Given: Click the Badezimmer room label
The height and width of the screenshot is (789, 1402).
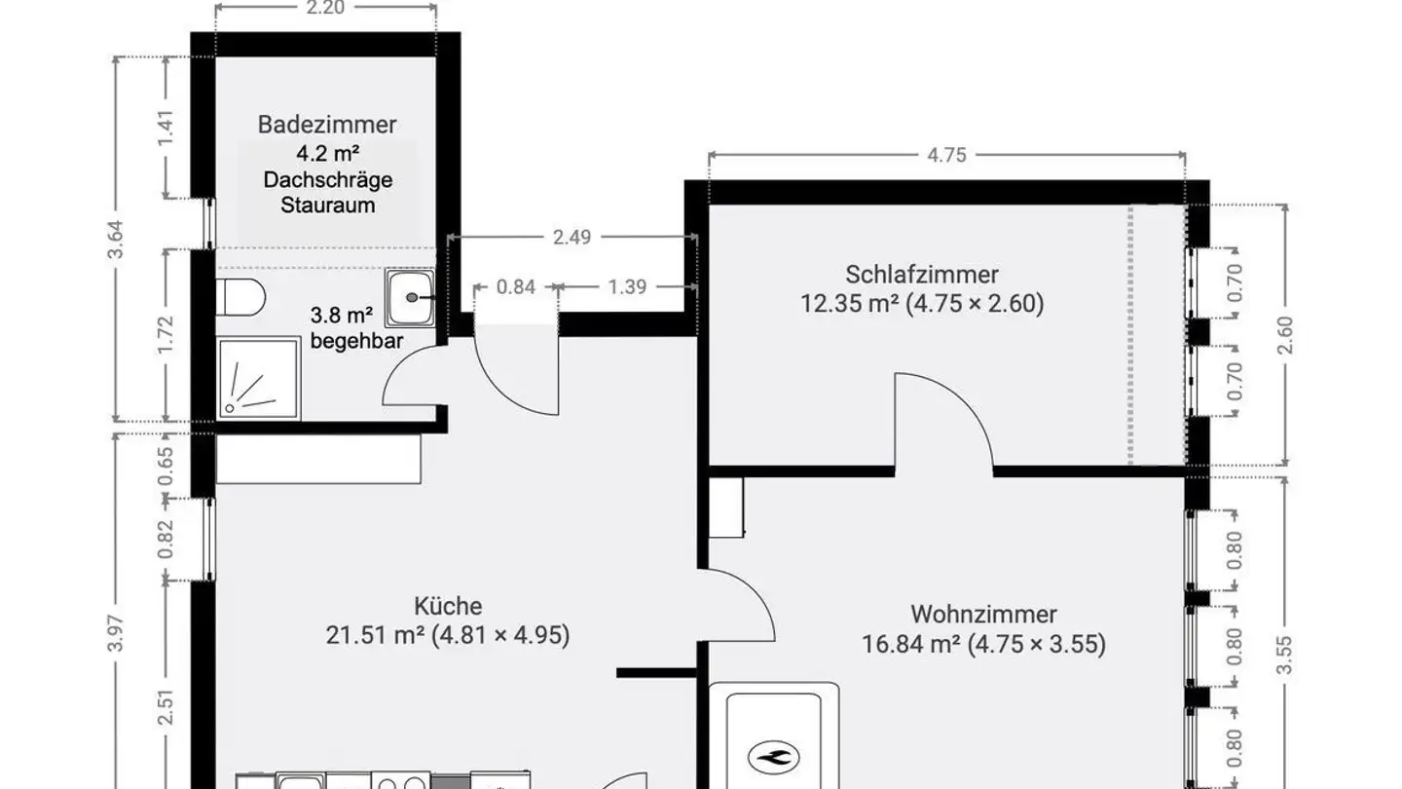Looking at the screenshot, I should click(x=327, y=125).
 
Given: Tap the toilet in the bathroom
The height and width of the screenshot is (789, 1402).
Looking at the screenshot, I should click(x=240, y=297).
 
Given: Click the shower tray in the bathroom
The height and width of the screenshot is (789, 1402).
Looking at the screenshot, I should click(x=258, y=379).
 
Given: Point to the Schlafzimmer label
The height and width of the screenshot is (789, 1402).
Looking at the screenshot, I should click(x=921, y=275).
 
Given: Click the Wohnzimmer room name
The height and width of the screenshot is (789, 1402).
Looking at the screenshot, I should click(x=983, y=615).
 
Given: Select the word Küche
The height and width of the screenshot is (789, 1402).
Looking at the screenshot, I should click(x=447, y=607).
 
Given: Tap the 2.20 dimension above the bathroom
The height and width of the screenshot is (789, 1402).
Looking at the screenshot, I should click(x=325, y=8).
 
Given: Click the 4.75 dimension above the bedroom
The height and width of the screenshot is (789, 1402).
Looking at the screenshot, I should click(x=946, y=155).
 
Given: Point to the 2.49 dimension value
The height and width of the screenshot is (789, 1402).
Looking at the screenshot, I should click(x=572, y=237).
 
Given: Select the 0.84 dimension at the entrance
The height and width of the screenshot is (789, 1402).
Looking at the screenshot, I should click(x=516, y=286).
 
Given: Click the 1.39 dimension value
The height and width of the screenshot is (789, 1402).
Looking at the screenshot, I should click(x=628, y=286).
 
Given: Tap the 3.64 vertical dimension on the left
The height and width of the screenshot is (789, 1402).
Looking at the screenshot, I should click(x=116, y=241).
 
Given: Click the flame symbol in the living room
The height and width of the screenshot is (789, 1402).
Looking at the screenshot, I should click(x=775, y=755).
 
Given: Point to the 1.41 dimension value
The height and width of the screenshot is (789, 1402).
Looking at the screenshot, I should click(x=166, y=128).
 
